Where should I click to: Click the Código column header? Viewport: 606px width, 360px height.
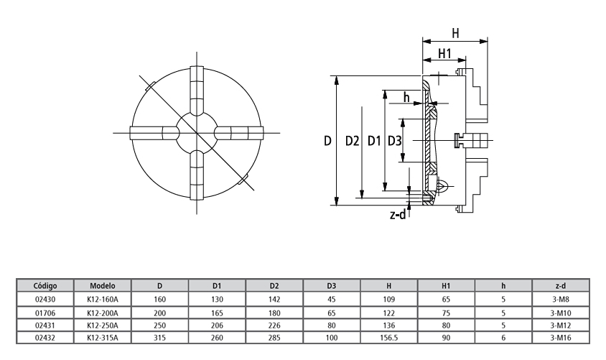pyautogui.click(x=45, y=286)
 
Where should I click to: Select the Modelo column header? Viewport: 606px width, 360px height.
pyautogui.click(x=103, y=286)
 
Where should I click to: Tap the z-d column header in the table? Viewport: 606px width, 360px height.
pyautogui.click(x=560, y=286)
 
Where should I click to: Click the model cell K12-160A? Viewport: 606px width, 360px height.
pyautogui.click(x=103, y=299)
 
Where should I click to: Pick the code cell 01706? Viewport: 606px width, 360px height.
pyautogui.click(x=45, y=313)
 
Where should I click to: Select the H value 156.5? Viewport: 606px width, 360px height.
pyautogui.click(x=388, y=338)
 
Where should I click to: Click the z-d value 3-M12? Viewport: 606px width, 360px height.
pyautogui.click(x=560, y=326)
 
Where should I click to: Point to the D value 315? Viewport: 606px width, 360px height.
pyautogui.click(x=159, y=338)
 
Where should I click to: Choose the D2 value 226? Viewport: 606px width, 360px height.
pyautogui.click(x=274, y=326)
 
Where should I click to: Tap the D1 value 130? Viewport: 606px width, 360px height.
pyautogui.click(x=217, y=299)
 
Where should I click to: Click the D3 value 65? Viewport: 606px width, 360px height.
pyautogui.click(x=332, y=313)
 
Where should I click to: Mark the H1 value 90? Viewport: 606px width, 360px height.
pyautogui.click(x=446, y=338)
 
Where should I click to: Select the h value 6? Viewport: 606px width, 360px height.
pyautogui.click(x=503, y=338)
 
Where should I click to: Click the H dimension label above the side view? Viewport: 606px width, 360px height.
pyautogui.click(x=456, y=33)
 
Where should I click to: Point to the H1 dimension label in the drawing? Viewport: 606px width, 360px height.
pyautogui.click(x=445, y=53)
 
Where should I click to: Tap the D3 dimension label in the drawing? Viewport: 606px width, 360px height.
pyautogui.click(x=395, y=141)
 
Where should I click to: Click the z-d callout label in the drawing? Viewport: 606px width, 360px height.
pyautogui.click(x=398, y=214)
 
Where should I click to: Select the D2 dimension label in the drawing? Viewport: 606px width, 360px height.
pyautogui.click(x=352, y=141)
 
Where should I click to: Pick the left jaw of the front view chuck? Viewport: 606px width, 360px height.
pyautogui.click(x=154, y=133)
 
